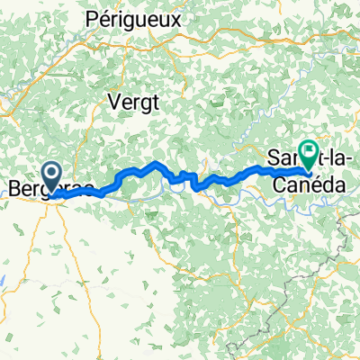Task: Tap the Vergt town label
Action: pyautogui.click(x=132, y=102)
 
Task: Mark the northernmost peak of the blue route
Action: pyautogui.click(x=157, y=163)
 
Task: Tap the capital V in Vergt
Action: pyautogui.click(x=113, y=102)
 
